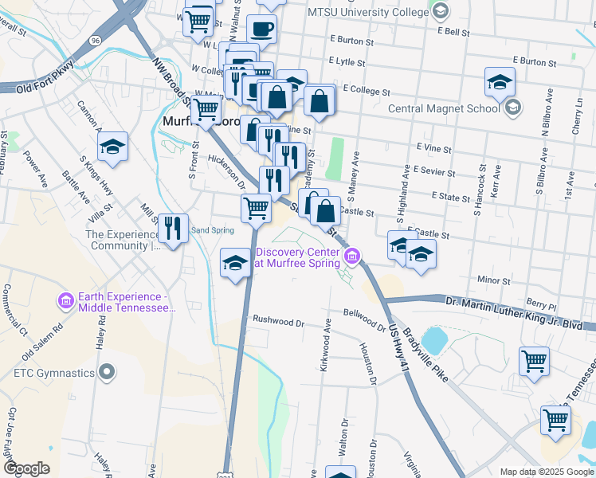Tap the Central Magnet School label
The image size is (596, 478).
click(x=443, y=109)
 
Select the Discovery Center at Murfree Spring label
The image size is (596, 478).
click(x=297, y=257)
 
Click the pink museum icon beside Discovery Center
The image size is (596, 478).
click(x=352, y=256)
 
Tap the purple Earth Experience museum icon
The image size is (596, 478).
click(x=65, y=301)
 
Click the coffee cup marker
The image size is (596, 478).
click(x=261, y=30)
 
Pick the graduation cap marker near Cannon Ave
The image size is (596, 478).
click(x=113, y=147)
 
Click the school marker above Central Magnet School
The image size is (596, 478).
click(x=500, y=82)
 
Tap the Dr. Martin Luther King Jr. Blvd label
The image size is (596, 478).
click(x=513, y=301)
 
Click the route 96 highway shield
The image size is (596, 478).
click(x=96, y=40)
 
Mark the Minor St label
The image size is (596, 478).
click(x=494, y=280)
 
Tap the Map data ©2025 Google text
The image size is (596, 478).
click(x=546, y=472)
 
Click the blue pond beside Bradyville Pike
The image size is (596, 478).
click(x=435, y=340)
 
